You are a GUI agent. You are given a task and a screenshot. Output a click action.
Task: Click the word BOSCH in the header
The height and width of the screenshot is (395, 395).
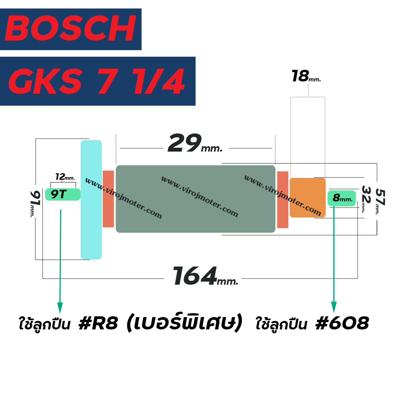[71, 28]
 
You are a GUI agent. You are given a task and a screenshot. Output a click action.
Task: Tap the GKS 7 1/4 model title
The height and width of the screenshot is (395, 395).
[97, 81]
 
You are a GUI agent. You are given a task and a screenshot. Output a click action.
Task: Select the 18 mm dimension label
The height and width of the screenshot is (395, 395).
[306, 76]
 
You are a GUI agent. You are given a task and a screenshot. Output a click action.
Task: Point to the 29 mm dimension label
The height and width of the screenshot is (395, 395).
[195, 143]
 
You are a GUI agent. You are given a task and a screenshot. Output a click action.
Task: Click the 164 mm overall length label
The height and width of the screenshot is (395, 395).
[205, 276]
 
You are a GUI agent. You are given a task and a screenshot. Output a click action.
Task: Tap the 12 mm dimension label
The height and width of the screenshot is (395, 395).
[65, 177]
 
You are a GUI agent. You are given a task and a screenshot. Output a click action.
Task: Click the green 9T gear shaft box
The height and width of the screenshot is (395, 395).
[63, 194]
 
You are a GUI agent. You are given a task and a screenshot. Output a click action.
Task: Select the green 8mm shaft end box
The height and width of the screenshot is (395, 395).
[342, 198]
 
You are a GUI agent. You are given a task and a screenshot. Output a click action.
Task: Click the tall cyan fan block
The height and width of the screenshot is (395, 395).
[91, 199]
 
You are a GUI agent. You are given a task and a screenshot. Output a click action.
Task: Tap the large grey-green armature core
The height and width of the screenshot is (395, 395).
[196, 199]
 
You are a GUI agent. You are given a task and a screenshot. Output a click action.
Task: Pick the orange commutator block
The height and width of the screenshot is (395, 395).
[307, 197]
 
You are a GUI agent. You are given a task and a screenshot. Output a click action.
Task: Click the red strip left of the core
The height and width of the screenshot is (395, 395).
[108, 199]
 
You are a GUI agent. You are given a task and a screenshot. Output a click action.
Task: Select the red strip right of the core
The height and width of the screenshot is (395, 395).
[283, 199]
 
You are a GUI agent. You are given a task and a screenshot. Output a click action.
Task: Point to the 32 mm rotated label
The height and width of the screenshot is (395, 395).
[366, 199]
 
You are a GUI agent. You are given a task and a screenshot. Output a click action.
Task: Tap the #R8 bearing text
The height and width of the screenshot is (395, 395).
[98, 323]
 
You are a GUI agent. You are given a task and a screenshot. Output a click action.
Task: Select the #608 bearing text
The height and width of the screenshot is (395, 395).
[342, 323]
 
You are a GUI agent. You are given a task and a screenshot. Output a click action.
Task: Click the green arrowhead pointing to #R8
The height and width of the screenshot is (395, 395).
[60, 308]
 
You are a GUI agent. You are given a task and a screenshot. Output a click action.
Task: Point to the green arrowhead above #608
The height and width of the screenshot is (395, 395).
[334, 307]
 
